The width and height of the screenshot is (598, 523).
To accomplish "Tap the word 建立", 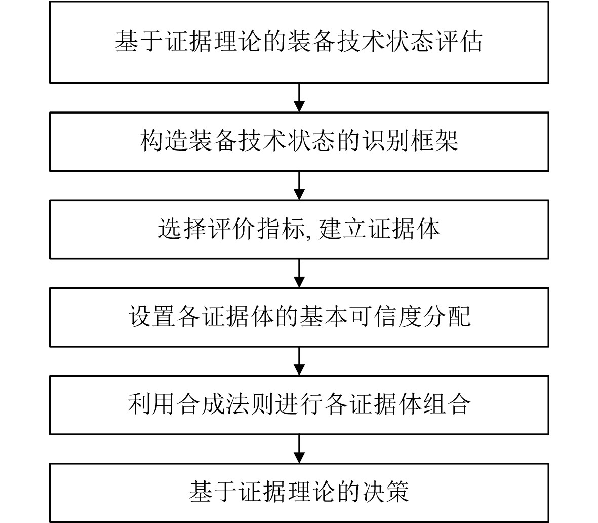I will click(341, 229).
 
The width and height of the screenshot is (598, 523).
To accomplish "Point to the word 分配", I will click(446, 317).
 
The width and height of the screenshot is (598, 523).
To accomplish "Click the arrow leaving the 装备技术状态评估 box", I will click(299, 97).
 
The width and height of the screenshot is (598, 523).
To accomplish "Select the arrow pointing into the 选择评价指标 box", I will click(299, 185).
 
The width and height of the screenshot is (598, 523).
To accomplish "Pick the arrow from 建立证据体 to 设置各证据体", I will click(299, 273).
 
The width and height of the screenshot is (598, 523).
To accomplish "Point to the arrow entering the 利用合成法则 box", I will click(299, 361).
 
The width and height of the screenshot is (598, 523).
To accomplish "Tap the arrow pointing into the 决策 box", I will click(299, 449).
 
